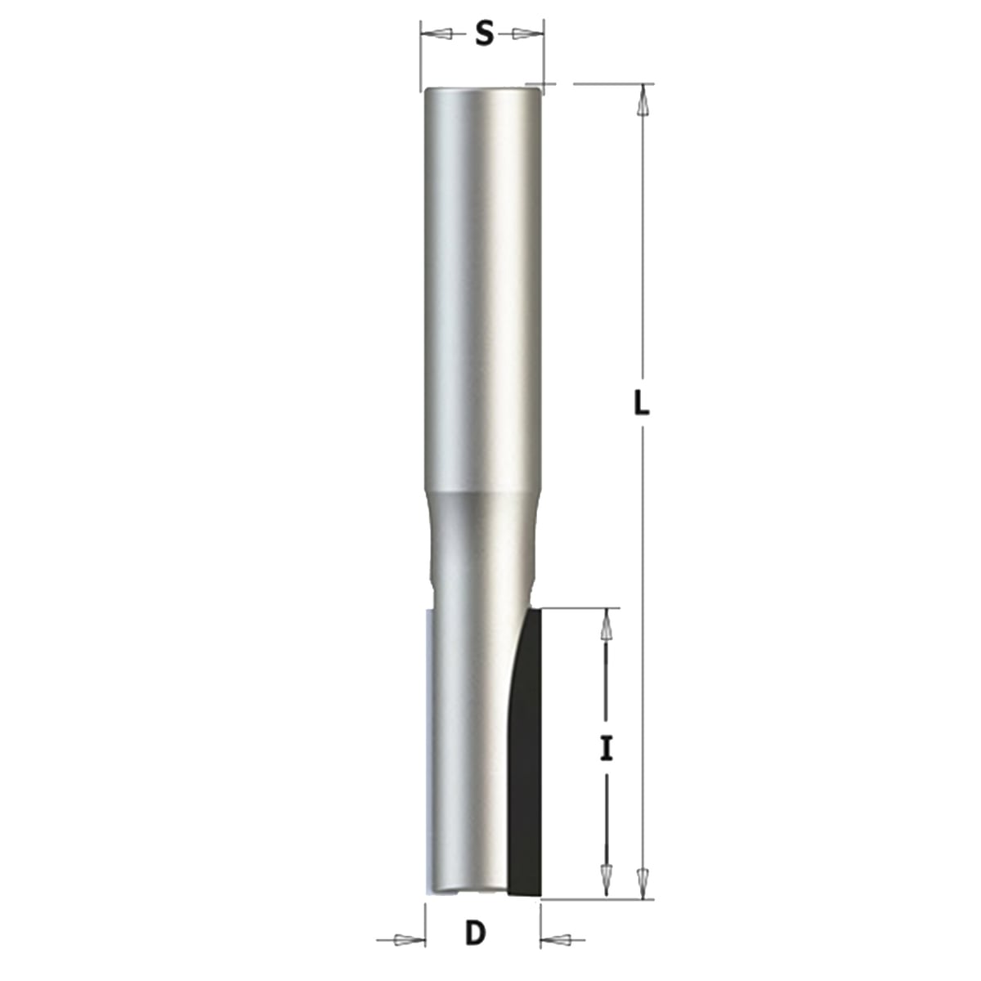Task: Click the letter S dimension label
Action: click(485, 35)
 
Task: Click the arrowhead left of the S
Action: click(437, 34)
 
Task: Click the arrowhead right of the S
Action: click(527, 34)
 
